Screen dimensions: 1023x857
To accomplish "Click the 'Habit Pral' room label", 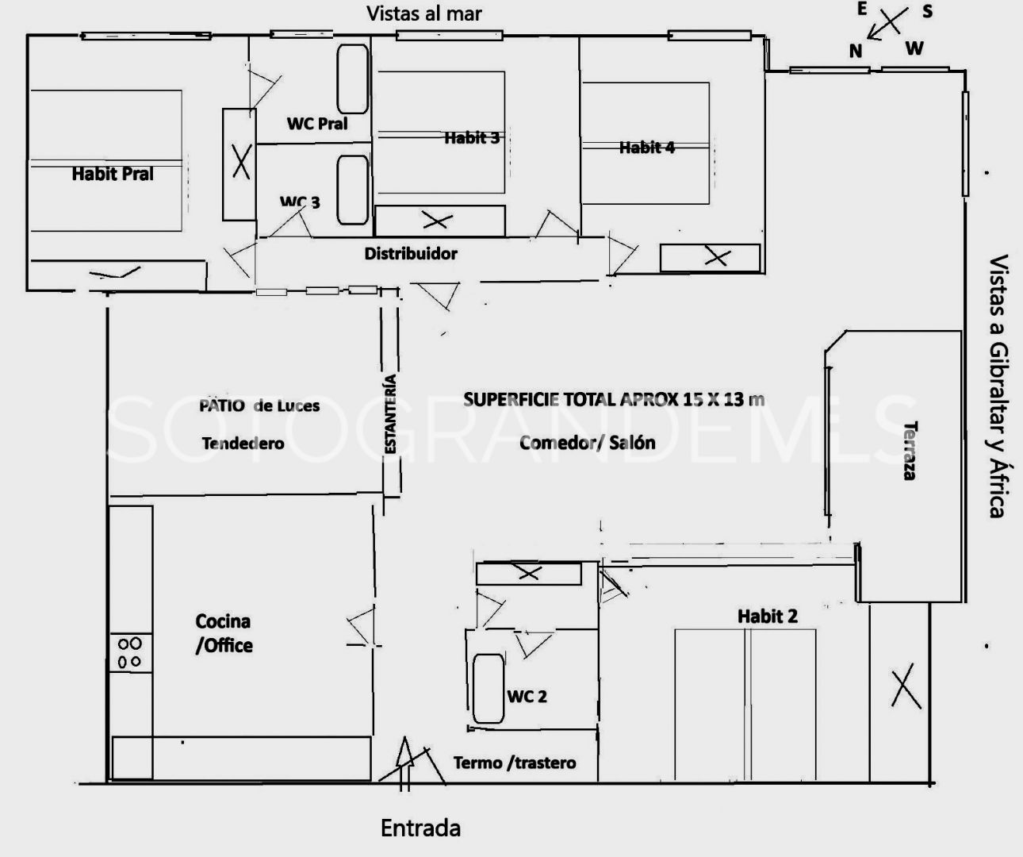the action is (113, 174).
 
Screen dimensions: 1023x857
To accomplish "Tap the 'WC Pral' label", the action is (317, 124).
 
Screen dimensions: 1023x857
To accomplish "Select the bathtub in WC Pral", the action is (353, 79).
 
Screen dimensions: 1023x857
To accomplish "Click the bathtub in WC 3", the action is (353, 190).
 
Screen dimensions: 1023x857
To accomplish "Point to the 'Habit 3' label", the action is (472, 138).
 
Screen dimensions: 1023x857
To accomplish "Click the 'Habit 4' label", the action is (647, 148).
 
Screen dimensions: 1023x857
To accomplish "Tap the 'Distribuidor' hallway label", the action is (411, 253).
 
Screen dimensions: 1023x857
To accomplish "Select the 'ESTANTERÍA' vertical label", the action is (390, 413).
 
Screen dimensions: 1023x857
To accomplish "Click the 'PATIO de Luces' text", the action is (259, 406).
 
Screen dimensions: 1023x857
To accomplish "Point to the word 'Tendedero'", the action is (243, 444).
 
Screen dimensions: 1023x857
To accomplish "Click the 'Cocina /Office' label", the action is (224, 633).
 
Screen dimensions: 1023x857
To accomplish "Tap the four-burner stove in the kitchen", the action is (130, 652).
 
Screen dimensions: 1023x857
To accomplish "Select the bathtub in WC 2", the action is (489, 688).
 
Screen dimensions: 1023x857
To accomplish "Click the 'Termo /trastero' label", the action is (515, 763).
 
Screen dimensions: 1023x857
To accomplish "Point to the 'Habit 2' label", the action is (768, 617).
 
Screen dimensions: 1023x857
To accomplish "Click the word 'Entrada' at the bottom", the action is (420, 828).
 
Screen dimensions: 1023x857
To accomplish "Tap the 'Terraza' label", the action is (910, 451).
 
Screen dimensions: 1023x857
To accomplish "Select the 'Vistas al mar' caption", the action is (424, 13).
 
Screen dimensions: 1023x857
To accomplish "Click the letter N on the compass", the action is (856, 51).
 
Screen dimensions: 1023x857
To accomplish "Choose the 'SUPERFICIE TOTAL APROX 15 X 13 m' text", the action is (614, 400).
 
